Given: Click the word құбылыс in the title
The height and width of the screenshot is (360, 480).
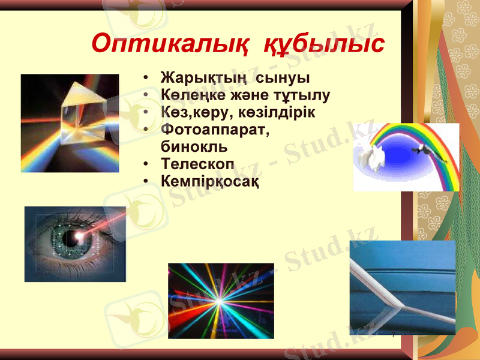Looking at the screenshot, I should [324, 43].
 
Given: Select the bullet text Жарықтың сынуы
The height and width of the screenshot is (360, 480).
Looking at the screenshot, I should [235, 78].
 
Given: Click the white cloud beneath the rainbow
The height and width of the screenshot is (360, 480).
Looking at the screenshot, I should [372, 157].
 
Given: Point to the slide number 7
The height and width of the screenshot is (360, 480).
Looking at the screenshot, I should [393, 334].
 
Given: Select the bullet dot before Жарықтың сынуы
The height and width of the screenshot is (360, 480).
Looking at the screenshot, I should [146, 79].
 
